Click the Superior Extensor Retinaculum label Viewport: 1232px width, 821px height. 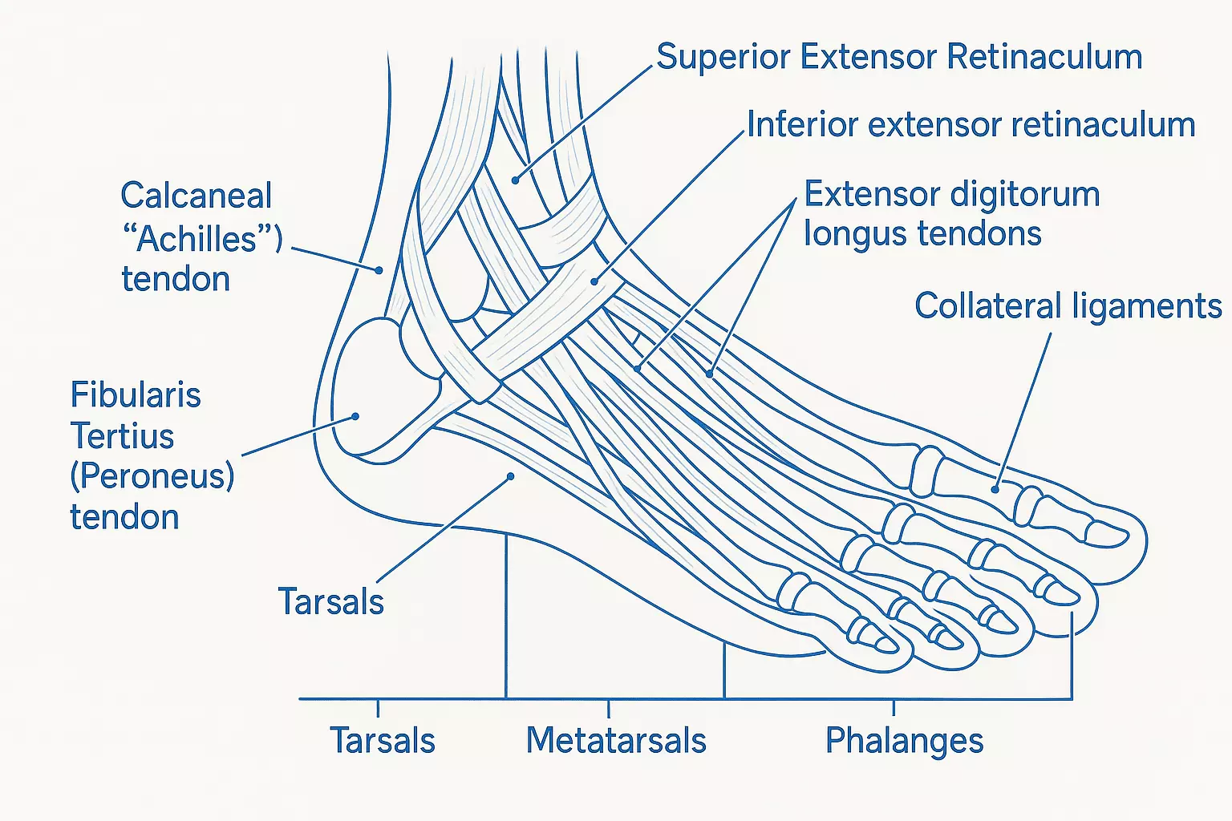pos(899,57)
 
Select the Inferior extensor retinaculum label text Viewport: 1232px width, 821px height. pos(971,125)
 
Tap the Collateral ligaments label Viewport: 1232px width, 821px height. pos(1068,306)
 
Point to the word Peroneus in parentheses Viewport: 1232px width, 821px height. pos(152,476)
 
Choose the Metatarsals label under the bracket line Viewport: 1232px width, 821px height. pos(616,740)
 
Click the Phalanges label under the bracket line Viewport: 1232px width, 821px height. pos(904,740)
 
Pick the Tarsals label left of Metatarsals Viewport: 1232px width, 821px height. pos(383,740)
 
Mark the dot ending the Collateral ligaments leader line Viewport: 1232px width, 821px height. pos(995,488)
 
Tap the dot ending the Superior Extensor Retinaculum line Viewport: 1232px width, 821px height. pos(516,180)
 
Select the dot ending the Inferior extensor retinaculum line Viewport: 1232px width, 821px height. pos(594,281)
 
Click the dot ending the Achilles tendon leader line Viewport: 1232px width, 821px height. pos(379,271)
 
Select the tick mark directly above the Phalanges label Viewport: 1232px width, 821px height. pos(894,707)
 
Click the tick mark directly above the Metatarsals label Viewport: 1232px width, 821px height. pos(609,708)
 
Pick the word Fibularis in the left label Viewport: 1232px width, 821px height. pos(136,395)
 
